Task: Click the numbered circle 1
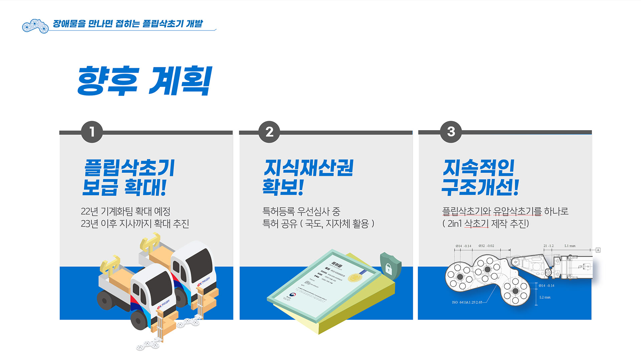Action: tap(92, 132)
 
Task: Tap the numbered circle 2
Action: tap(269, 132)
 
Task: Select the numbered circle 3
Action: tap(451, 131)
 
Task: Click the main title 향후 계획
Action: tap(144, 81)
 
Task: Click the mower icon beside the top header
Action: tap(35, 26)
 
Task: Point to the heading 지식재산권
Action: tap(308, 167)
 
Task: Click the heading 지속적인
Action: tap(478, 167)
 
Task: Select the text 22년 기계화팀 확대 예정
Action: tap(126, 211)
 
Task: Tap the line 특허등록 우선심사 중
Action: tap(301, 211)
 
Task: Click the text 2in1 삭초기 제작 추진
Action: tap(486, 224)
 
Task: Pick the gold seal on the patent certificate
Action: tap(355, 277)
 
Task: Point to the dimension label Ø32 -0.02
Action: tap(486, 246)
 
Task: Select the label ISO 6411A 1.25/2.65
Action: tap(467, 302)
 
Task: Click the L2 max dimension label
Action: tap(545, 297)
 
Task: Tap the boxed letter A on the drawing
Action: tap(598, 250)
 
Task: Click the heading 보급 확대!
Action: tap(124, 187)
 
